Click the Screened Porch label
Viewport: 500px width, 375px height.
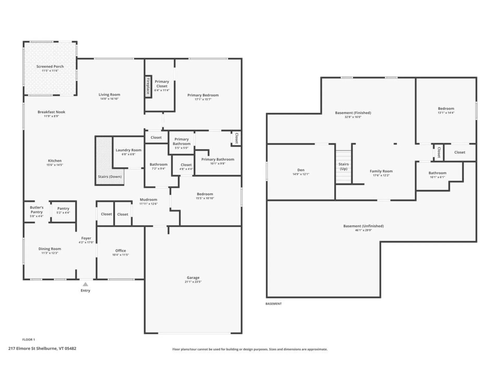(x=50, y=66)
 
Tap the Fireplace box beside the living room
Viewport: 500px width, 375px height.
(x=148, y=86)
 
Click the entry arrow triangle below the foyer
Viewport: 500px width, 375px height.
(x=85, y=284)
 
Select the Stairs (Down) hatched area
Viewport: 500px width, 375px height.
(x=104, y=159)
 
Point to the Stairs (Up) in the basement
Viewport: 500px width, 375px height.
(x=343, y=166)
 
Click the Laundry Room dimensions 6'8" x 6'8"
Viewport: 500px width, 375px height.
(x=128, y=154)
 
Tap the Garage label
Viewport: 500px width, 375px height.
(x=193, y=278)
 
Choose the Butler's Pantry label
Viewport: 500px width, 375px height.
(x=36, y=210)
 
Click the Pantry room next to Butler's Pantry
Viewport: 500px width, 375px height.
(x=63, y=210)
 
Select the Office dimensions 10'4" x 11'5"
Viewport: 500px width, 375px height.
(x=120, y=255)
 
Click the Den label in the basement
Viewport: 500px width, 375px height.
(x=301, y=170)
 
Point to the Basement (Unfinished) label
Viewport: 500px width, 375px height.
(x=363, y=226)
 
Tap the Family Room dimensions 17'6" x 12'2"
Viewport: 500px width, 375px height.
(x=381, y=175)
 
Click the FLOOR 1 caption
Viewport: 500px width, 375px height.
(x=29, y=340)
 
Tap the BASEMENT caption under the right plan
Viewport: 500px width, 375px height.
(x=273, y=304)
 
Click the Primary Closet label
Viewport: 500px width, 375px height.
(x=162, y=84)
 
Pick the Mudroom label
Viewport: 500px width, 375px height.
(x=148, y=199)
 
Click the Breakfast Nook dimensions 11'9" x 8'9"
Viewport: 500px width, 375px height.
(x=51, y=116)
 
